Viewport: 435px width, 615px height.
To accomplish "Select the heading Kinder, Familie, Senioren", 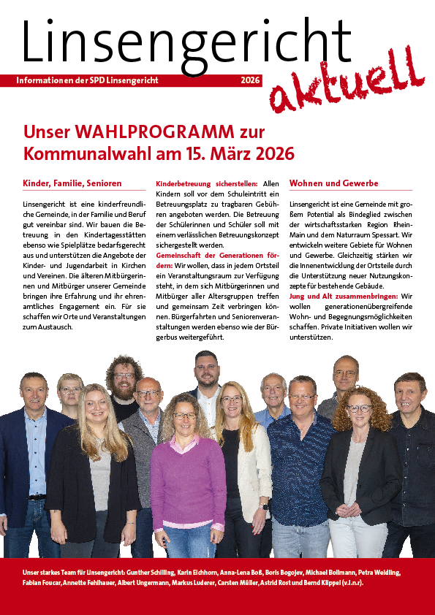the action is point(72,183).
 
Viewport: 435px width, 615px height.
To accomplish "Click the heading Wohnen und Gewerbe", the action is point(334,183).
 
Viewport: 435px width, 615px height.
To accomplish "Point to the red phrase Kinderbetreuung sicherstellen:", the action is point(205,183).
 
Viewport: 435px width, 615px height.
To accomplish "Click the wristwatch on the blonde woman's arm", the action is point(264,505).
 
